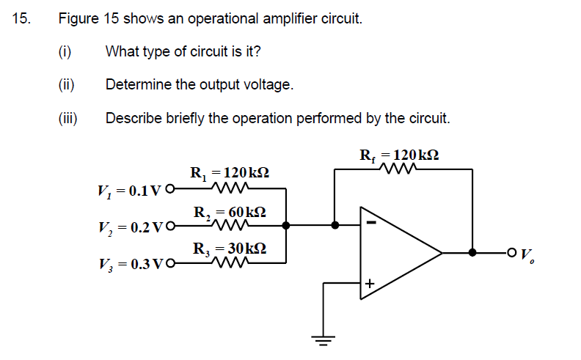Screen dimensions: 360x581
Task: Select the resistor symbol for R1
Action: click(x=229, y=188)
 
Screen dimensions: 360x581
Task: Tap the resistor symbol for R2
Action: click(x=229, y=226)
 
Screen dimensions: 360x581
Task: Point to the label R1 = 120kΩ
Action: click(x=229, y=174)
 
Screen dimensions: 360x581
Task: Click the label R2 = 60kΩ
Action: click(x=229, y=213)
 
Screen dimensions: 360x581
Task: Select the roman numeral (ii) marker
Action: click(x=67, y=84)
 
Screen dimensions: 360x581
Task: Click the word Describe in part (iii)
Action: click(x=131, y=118)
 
